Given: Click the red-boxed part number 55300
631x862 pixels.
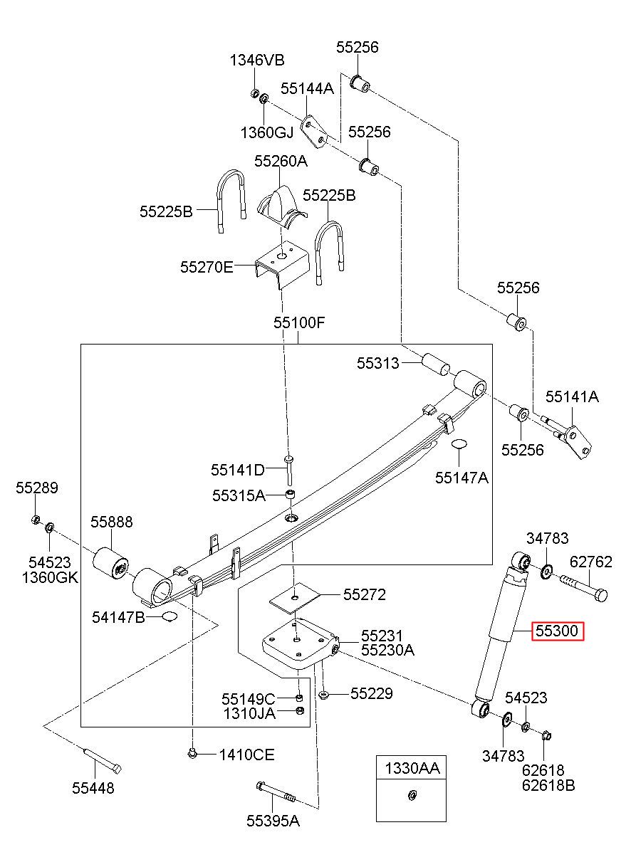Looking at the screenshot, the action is (x=557, y=631).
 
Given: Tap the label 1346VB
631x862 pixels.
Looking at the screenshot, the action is (x=257, y=60).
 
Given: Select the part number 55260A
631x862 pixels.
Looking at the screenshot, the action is (x=281, y=161).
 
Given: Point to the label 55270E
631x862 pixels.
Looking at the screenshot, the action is (x=207, y=267).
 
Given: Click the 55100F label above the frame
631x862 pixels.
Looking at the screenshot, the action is (x=299, y=322).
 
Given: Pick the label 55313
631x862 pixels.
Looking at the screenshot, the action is (x=377, y=363).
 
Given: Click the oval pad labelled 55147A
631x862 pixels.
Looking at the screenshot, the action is (x=459, y=443).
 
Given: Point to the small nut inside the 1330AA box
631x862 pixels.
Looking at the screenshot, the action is (x=411, y=794).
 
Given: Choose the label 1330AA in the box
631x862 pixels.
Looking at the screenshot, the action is (x=412, y=768).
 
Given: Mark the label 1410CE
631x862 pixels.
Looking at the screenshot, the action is (x=247, y=755).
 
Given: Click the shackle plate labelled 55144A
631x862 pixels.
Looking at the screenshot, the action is (x=315, y=132).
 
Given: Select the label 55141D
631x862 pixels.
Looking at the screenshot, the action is (x=238, y=470).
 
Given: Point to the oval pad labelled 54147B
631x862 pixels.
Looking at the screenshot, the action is (x=170, y=616).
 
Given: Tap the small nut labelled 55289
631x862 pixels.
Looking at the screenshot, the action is (x=35, y=520).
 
